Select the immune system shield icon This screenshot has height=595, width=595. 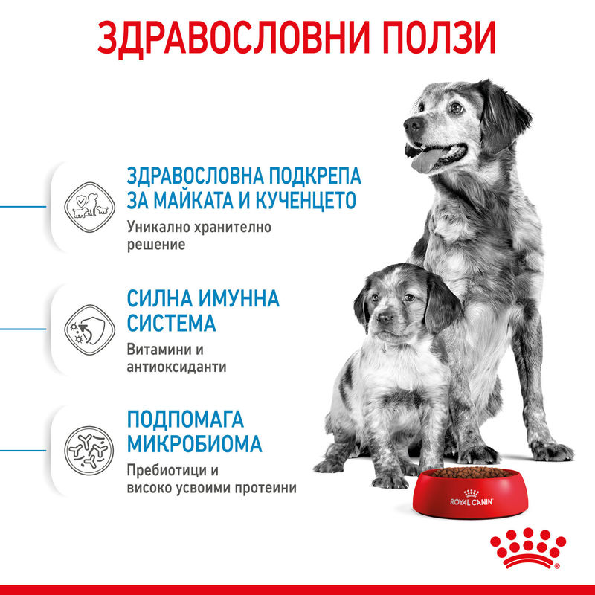point(87,327)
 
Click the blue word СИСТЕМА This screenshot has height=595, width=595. point(172,324)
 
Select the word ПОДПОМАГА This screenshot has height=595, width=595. point(186,419)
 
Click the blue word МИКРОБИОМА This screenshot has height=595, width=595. point(195,444)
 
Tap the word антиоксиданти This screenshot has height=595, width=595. point(177,367)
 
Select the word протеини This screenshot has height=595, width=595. point(267,489)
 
